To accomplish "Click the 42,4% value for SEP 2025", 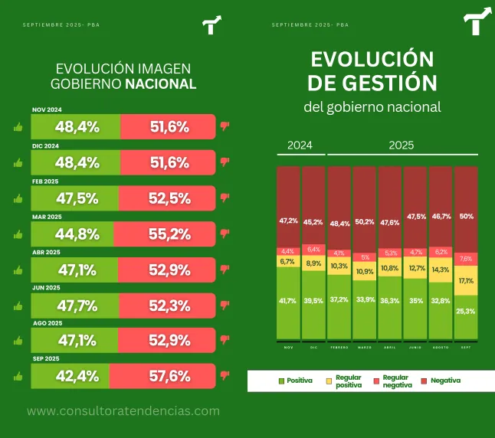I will (x=77, y=376).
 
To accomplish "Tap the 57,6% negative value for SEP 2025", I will (x=169, y=376).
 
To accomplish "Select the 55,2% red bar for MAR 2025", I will (x=169, y=234).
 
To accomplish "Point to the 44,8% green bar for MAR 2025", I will (x=77, y=234).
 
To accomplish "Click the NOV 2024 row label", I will (x=47, y=110).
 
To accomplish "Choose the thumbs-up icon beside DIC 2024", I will (x=18, y=162).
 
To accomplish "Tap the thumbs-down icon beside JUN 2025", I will (x=225, y=305).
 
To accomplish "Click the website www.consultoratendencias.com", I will (x=123, y=411).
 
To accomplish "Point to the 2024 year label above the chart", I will (x=300, y=145).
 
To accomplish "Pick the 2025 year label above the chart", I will (x=401, y=145).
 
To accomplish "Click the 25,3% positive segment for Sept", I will (x=466, y=312).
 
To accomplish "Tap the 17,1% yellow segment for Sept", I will (x=466, y=280).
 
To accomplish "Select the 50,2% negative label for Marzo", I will (x=365, y=221).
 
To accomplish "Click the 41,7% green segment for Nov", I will (x=289, y=302).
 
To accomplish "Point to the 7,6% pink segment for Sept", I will (x=466, y=259).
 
